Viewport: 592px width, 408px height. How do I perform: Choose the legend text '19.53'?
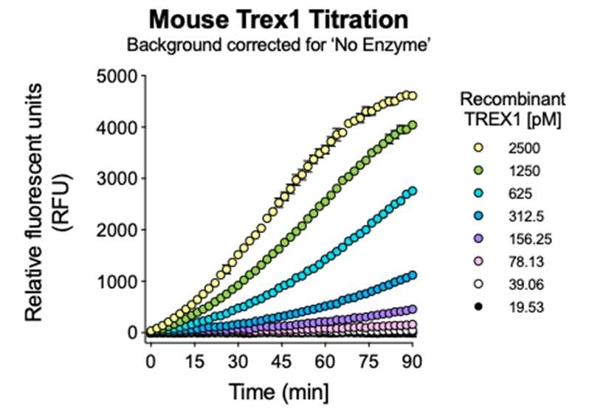point(526,308)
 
